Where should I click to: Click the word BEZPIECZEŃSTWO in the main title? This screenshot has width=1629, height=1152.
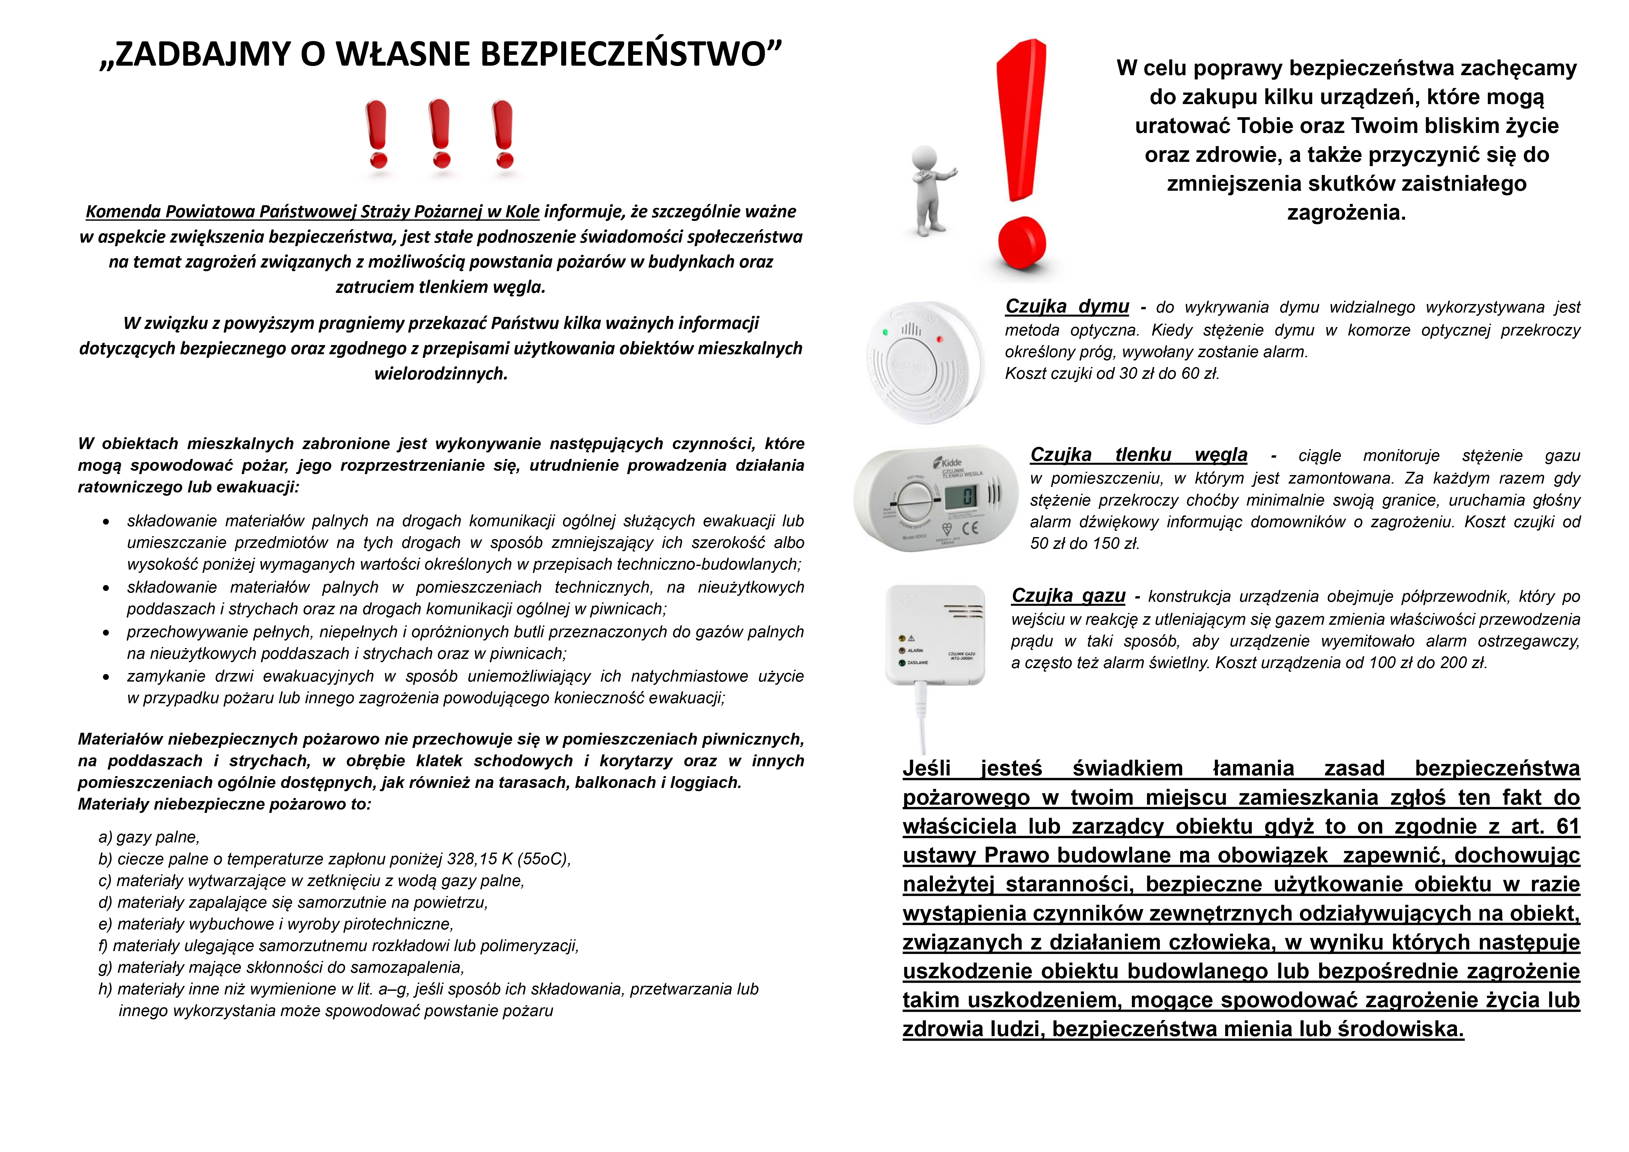[617, 54]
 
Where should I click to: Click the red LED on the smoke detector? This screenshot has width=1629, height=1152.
[940, 339]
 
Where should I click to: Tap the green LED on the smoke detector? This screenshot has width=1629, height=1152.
[885, 331]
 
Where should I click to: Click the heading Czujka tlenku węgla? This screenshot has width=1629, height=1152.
[1138, 455]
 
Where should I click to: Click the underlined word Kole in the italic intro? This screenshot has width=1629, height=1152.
[522, 211]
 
